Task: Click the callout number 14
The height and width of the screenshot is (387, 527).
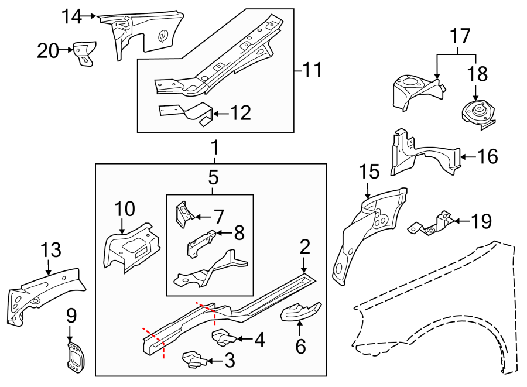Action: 71,17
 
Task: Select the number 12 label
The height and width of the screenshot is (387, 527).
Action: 240,113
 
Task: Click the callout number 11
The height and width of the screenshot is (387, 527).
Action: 312,71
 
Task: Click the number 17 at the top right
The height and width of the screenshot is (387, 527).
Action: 461,37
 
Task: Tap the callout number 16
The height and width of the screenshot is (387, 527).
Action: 487,156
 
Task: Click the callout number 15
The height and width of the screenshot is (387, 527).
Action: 369,172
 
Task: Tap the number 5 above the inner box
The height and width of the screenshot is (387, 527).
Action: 213,176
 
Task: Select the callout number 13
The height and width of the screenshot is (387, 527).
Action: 51,251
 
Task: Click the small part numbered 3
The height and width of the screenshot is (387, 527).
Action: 194,359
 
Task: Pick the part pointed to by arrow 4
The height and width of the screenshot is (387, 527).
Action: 221,337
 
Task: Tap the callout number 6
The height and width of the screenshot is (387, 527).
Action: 300,347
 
